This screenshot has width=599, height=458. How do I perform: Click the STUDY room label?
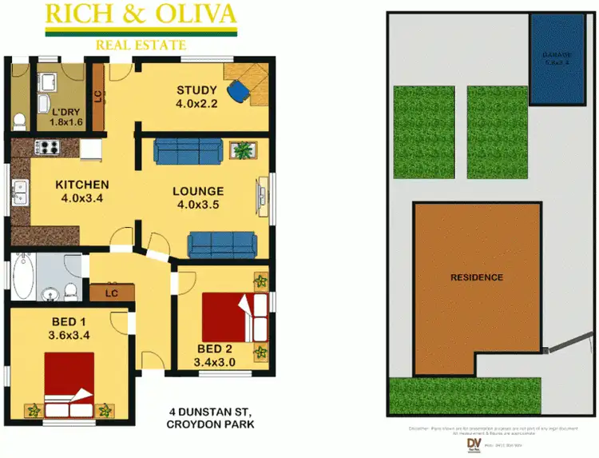pos(196,90)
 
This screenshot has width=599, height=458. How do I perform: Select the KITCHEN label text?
pos(81,185)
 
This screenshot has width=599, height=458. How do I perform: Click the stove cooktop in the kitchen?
pos(46,146)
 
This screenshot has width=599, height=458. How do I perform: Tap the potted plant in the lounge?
pos(241,149)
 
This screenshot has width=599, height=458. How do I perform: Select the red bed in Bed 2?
pos(232,317)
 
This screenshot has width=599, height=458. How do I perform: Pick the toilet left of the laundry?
pos(19,121)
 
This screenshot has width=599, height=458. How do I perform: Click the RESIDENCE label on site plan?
pos(477,277)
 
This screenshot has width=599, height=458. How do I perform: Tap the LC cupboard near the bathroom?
pos(111,293)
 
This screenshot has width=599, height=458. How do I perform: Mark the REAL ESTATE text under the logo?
pos(141,45)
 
